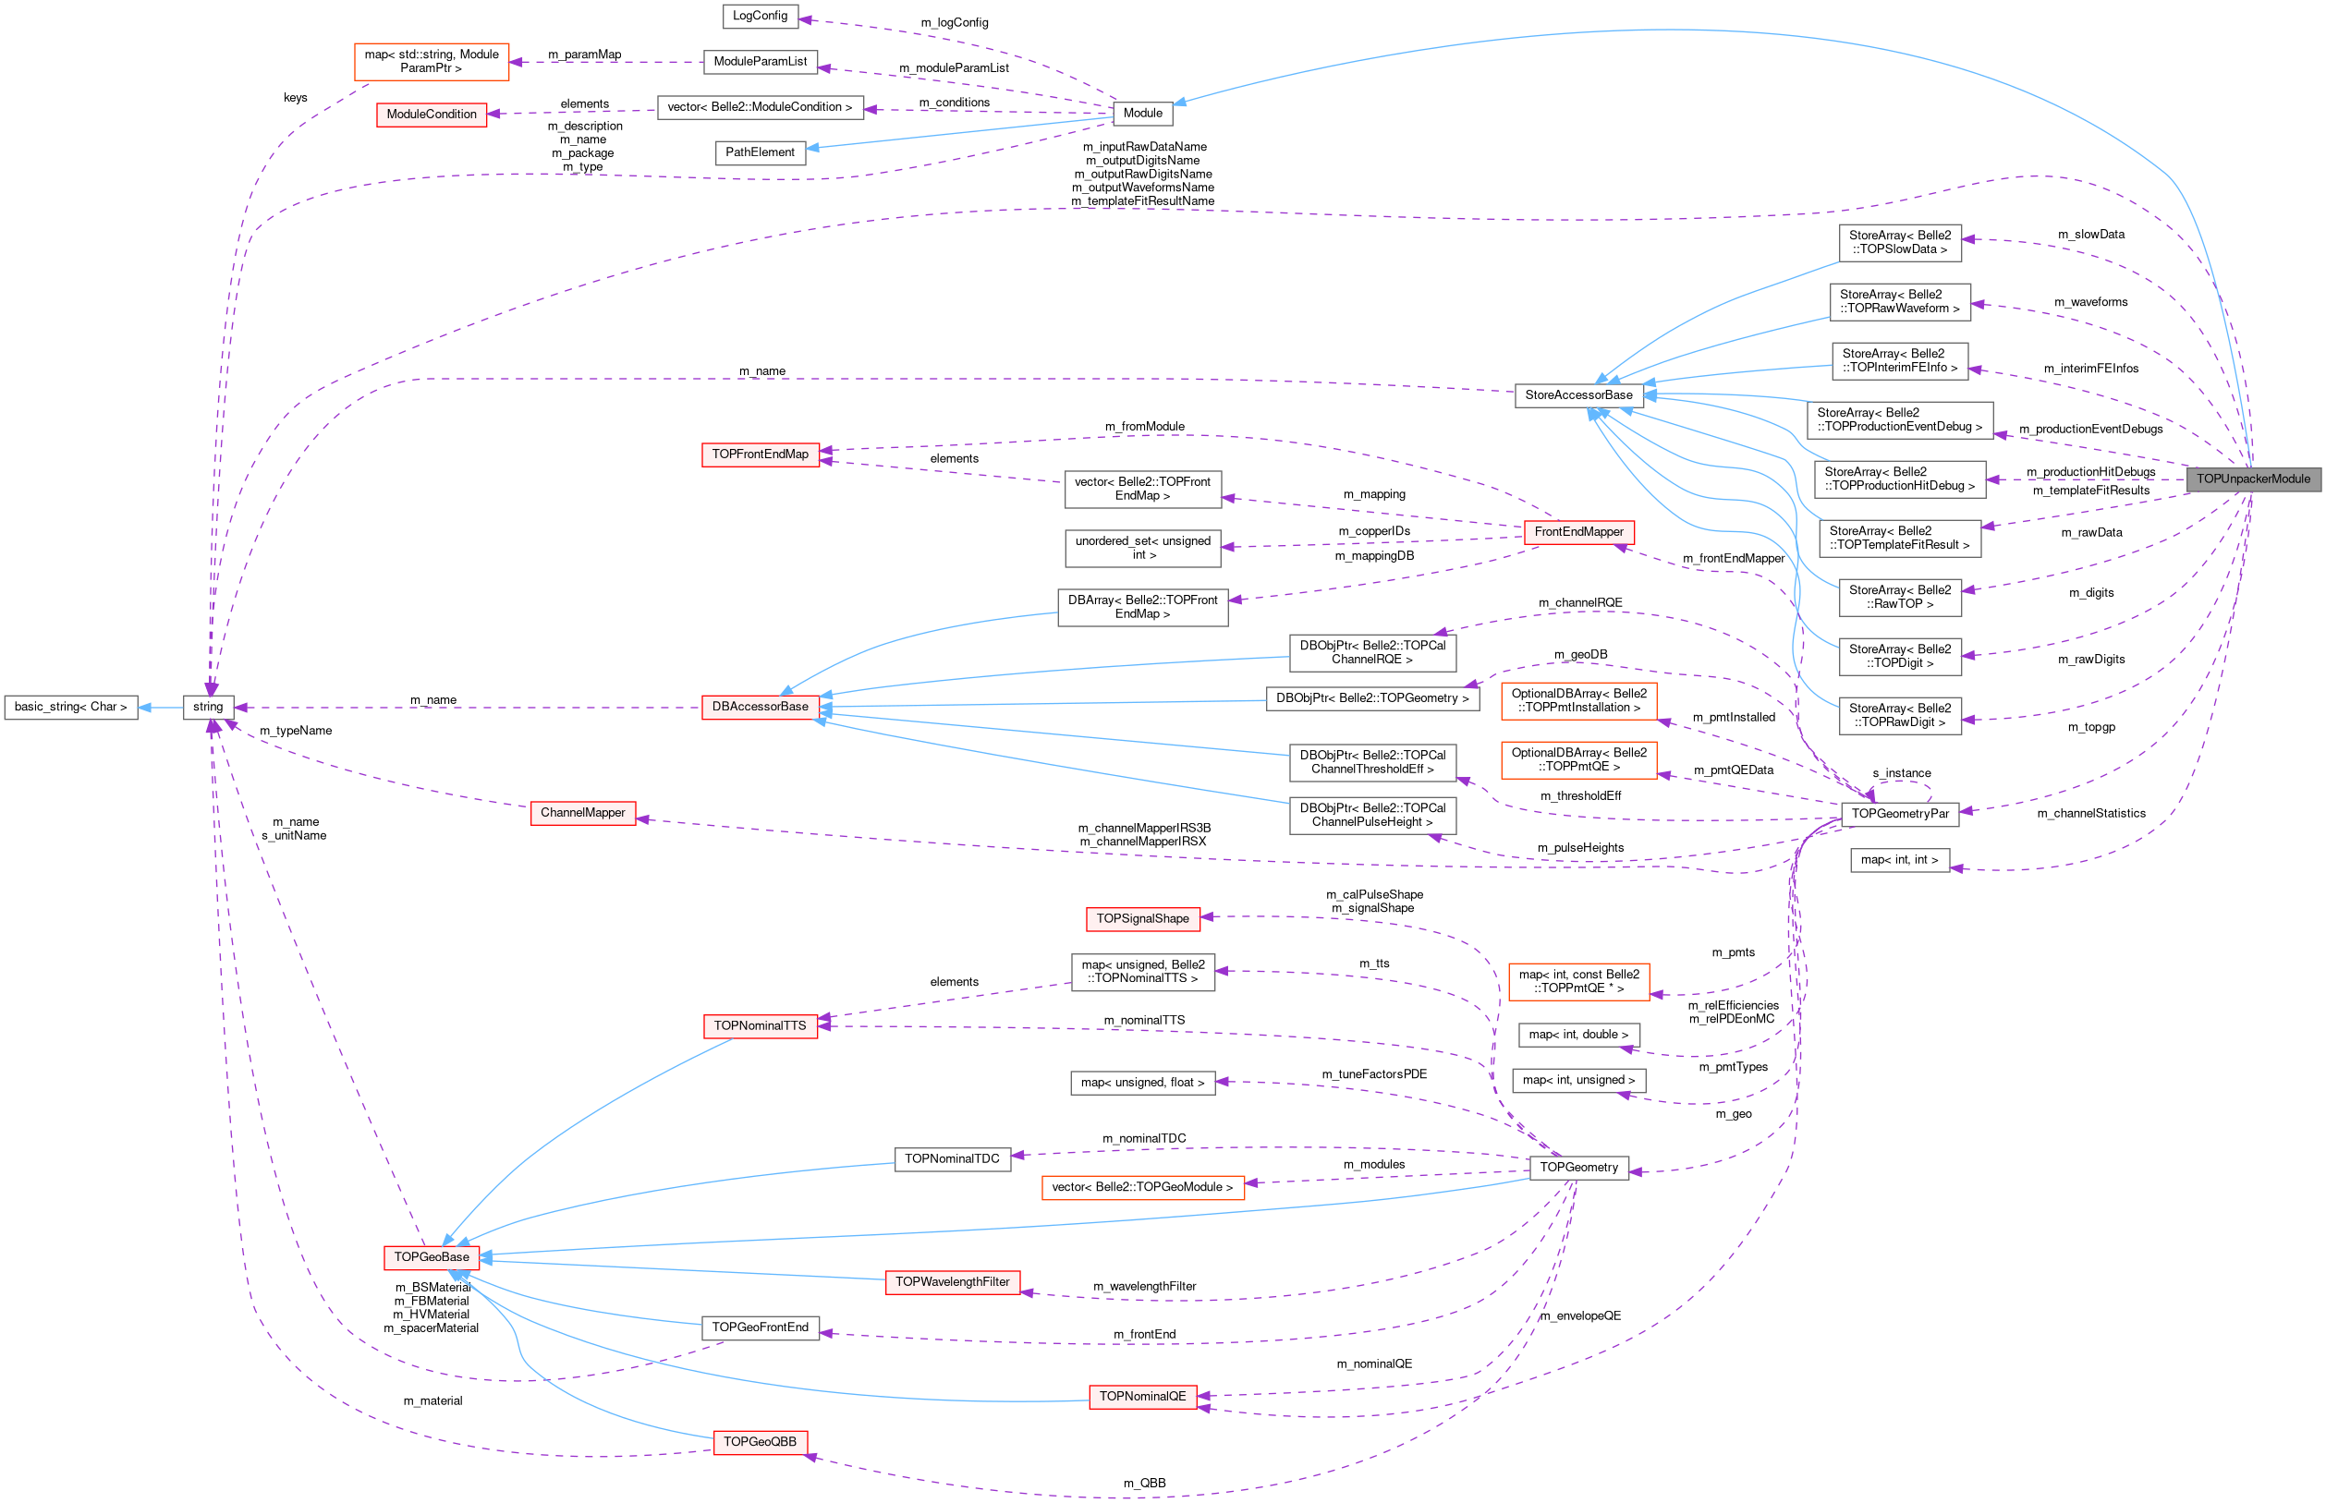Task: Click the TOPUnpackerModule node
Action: coord(2253,479)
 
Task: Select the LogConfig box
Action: coord(760,16)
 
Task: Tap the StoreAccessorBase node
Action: coord(1578,395)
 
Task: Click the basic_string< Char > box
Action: coord(70,707)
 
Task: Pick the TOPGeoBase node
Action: coord(432,1257)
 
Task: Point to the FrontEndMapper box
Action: coord(1578,532)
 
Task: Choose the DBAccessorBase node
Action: coord(760,707)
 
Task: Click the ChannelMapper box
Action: coord(583,813)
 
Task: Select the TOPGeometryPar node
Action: coord(1899,814)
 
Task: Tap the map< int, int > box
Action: coord(1899,860)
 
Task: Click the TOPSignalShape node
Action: coord(1142,918)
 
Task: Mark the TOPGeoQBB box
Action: coord(760,1441)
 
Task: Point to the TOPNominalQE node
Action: coord(1142,1397)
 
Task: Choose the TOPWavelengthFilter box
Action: coord(952,1282)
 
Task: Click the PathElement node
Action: coord(760,152)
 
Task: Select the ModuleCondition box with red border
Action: coord(432,115)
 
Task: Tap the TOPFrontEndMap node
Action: coord(760,455)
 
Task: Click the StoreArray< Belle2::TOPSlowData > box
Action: coord(1899,243)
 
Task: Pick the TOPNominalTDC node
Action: coord(952,1159)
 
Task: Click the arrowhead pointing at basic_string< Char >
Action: coord(144,707)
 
